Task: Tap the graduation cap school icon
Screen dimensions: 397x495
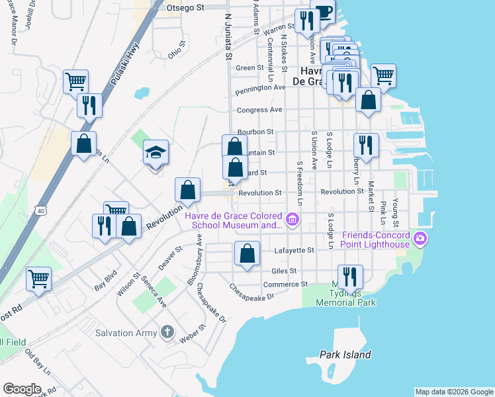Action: coord(156,153)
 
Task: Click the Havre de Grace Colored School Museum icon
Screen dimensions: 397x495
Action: coord(292,219)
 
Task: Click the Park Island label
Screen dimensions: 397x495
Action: coord(345,355)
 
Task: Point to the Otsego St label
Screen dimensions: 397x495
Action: coord(187,7)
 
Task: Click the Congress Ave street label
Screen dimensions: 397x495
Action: coord(261,110)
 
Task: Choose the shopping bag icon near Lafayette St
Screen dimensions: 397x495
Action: coord(247,253)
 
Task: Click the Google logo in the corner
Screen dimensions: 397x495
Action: coord(22,389)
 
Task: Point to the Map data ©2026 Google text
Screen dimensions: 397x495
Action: coord(454,392)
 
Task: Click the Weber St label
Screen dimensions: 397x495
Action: coord(194,333)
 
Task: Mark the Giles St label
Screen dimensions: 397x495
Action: coord(284,271)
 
